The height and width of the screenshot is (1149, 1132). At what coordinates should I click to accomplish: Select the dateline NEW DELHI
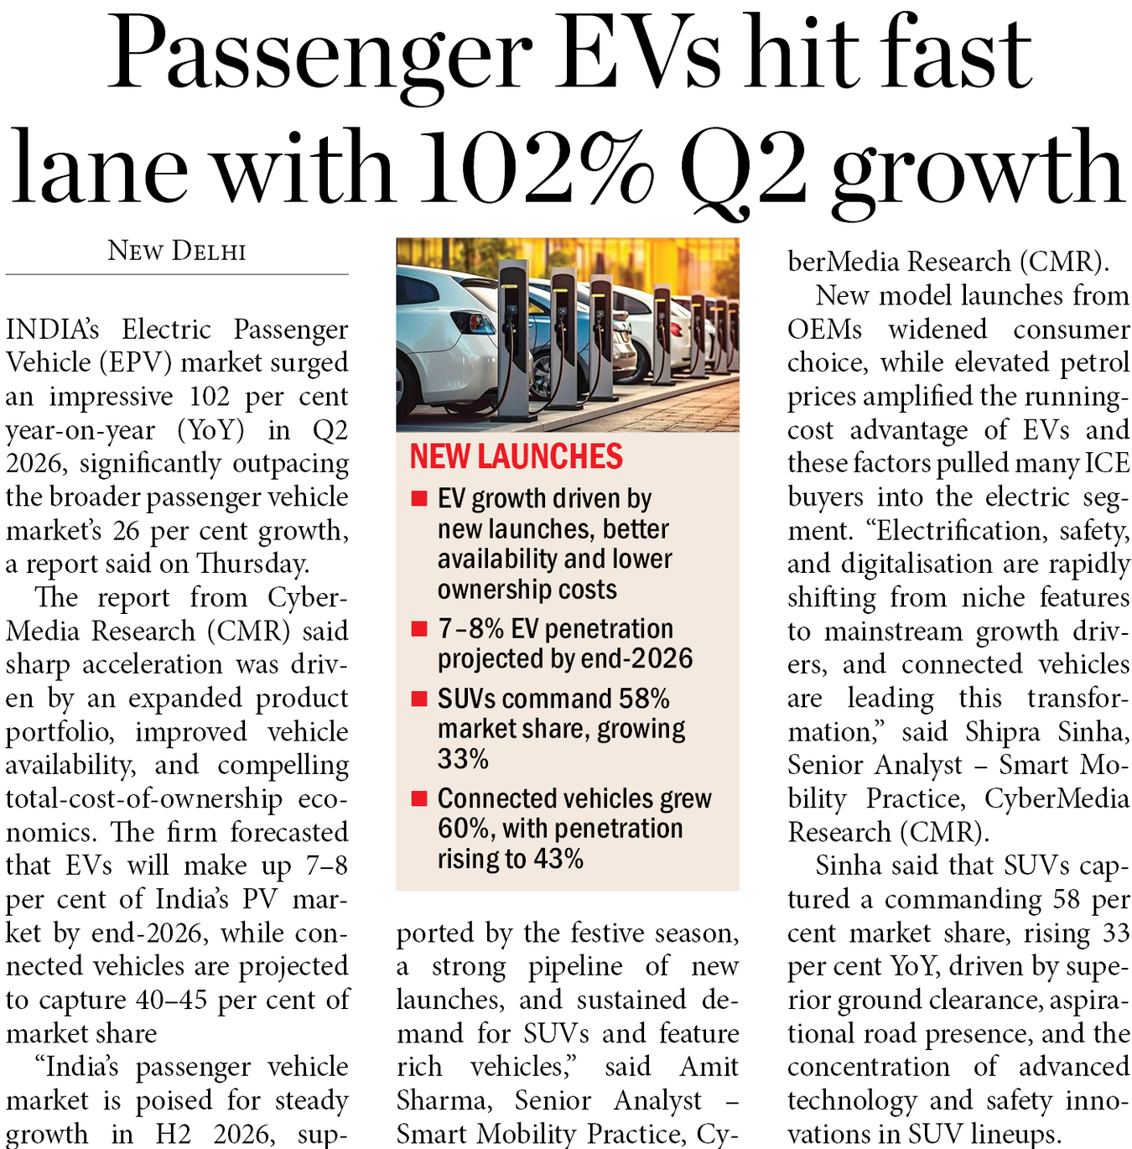coord(177,251)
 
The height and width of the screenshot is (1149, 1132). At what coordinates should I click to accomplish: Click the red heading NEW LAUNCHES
coord(516,456)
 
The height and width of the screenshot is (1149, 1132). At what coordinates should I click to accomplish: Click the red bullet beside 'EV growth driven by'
coord(419,498)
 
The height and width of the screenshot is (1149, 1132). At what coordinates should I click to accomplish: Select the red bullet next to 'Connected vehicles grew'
coord(419,798)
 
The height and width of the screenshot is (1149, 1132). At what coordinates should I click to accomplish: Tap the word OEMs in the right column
coord(824,330)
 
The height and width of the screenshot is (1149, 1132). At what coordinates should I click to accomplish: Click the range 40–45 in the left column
coord(173,1000)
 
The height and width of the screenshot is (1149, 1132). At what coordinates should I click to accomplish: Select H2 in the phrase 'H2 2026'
coord(173,1134)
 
